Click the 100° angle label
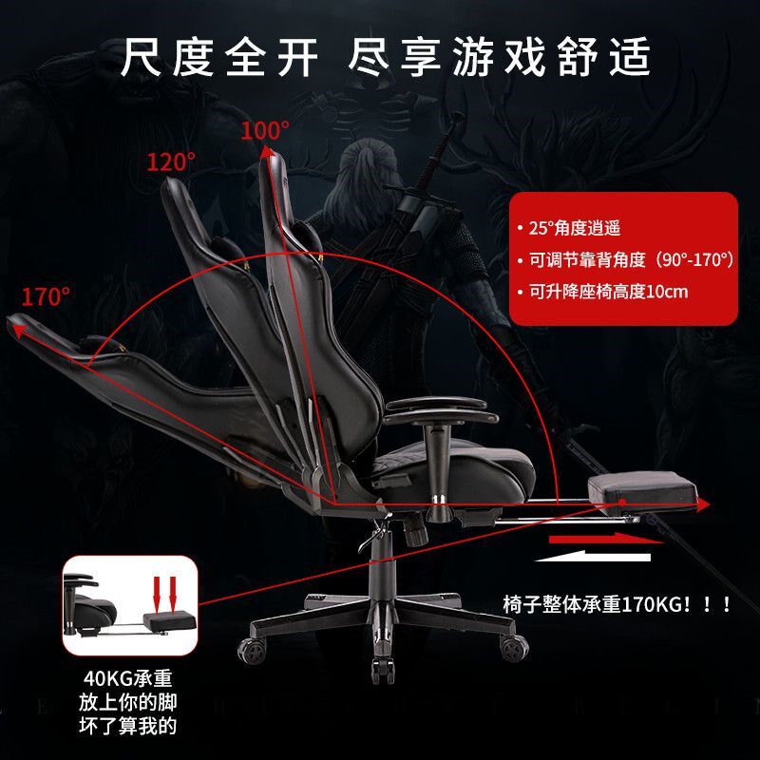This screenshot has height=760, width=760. point(264,131)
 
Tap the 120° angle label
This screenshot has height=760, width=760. point(171,161)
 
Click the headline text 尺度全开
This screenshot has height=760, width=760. point(219,59)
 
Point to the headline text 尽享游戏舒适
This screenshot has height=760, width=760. point(500,59)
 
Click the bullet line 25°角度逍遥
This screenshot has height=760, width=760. point(575,228)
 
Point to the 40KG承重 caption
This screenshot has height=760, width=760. point(126,679)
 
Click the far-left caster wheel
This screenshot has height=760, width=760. point(252,649)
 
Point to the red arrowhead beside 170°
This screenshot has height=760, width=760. point(17,329)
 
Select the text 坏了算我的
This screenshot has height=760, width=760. point(127,728)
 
